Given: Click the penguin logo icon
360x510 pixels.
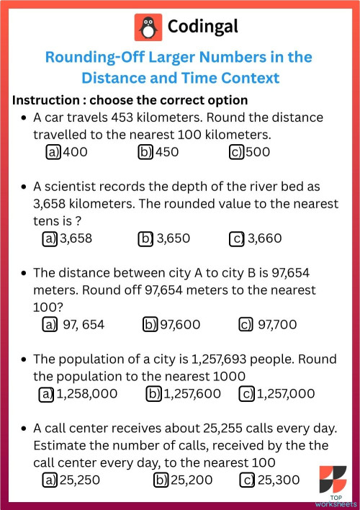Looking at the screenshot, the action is (148, 27).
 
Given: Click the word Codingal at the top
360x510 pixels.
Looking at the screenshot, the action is (202, 27).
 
